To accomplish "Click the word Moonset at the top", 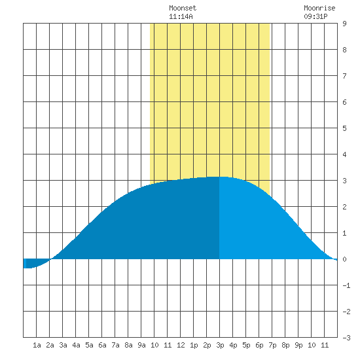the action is pyautogui.click(x=183, y=8).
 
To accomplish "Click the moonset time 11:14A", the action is pyautogui.click(x=181, y=16).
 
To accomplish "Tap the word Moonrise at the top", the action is pyautogui.click(x=319, y=8).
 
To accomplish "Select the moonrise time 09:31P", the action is pyautogui.click(x=315, y=16).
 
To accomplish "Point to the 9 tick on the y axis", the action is pyautogui.click(x=344, y=24).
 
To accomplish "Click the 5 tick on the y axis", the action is pyautogui.click(x=344, y=128).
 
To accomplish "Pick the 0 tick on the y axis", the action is pyautogui.click(x=344, y=259).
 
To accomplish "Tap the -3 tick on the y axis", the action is pyautogui.click(x=346, y=338).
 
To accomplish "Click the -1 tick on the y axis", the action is pyautogui.click(x=346, y=285).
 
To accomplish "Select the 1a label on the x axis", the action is pyautogui.click(x=37, y=345).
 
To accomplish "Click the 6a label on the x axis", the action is pyautogui.click(x=102, y=345).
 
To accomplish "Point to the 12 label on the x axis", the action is pyautogui.click(x=181, y=345).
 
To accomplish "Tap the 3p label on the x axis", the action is pyautogui.click(x=220, y=345).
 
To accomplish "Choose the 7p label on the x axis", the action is pyautogui.click(x=272, y=345).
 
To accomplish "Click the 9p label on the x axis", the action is pyautogui.click(x=298, y=345).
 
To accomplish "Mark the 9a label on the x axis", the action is pyautogui.click(x=141, y=345).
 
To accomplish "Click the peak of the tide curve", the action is pyautogui.click(x=219, y=177).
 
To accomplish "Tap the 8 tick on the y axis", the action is pyautogui.click(x=344, y=50).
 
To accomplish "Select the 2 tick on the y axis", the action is pyautogui.click(x=344, y=207).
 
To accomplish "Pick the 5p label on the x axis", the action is pyautogui.click(x=246, y=345).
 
